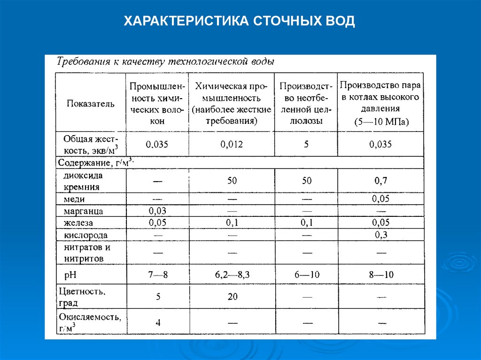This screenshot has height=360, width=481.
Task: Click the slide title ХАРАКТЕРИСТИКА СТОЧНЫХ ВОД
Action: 240,21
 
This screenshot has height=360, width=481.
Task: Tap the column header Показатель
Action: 91,104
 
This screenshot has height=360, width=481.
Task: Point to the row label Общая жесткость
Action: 91,144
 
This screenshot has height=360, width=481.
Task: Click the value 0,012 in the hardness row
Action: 231,145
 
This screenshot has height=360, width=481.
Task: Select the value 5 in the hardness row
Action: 306,145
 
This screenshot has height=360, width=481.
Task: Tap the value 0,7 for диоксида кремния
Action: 380,180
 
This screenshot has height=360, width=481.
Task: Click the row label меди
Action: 75,199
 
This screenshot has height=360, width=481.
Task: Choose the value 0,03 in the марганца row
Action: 157,210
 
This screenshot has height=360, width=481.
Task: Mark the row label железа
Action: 78,222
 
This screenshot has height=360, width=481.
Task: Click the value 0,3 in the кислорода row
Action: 380,235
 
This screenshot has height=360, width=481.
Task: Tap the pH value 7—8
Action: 157,275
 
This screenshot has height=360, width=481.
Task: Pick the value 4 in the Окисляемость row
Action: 158,322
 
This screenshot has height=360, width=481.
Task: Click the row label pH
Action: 70,275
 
